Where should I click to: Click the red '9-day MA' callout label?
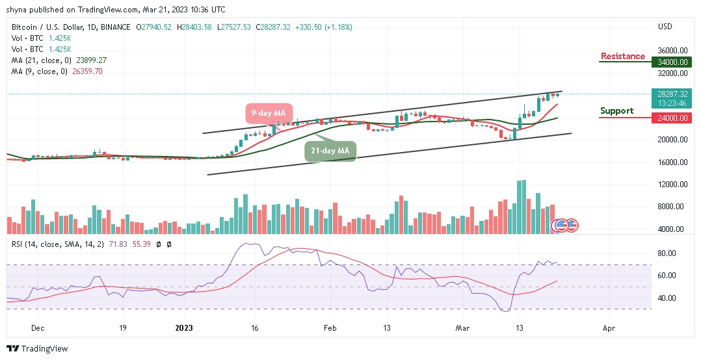click(269, 113)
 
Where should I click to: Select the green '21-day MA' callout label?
click(330, 151)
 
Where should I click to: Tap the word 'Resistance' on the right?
click(622, 57)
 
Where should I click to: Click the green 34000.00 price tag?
click(672, 62)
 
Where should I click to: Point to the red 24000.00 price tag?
click(672, 118)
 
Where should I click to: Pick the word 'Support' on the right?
click(616, 111)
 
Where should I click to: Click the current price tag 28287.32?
click(672, 94)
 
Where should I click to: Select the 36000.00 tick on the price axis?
click(672, 50)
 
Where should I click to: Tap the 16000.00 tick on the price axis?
click(672, 162)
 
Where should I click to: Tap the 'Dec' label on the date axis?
click(38, 328)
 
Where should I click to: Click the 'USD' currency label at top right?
click(665, 27)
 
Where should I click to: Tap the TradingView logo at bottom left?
click(37, 349)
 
